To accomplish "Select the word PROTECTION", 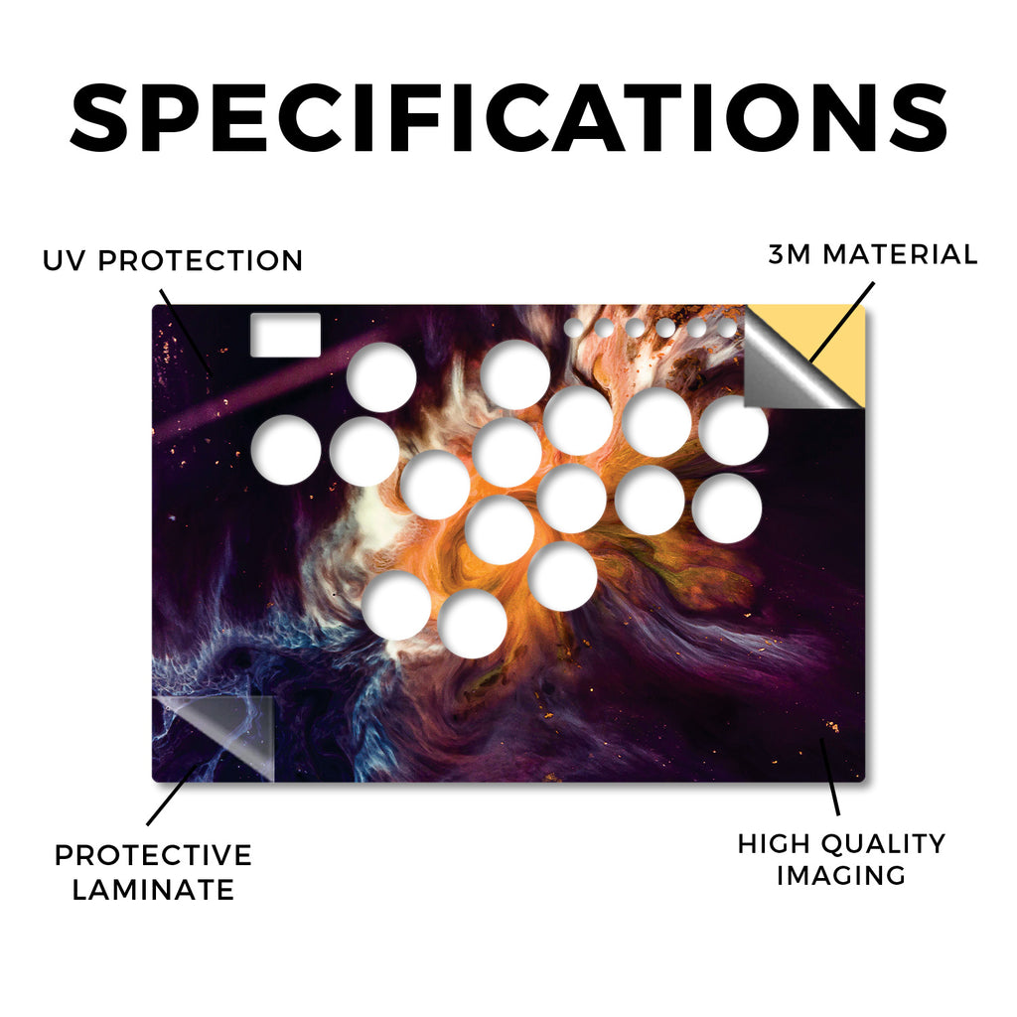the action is [x=201, y=261].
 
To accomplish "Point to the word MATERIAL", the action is [x=900, y=254].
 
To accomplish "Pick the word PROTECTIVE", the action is [x=153, y=855].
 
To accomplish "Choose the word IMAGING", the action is [x=842, y=876].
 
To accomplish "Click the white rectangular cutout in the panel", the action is [x=285, y=335].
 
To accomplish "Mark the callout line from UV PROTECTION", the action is [x=185, y=331].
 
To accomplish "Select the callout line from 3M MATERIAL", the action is [x=841, y=322].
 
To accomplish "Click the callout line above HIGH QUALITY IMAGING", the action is [x=829, y=776].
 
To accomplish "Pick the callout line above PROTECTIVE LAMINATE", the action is [x=173, y=794].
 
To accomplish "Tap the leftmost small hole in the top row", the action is [x=573, y=328].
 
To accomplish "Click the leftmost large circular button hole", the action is [x=286, y=450].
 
